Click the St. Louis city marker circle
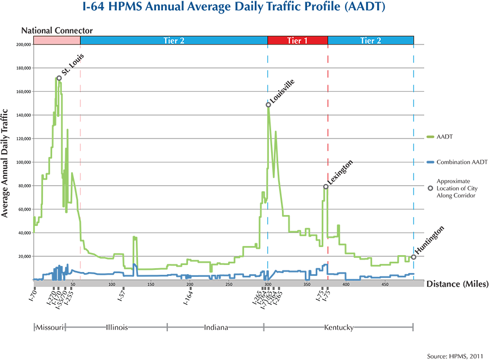(59, 78)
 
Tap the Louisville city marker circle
(268, 105)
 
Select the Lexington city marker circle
(326, 187)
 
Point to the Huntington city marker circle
(413, 257)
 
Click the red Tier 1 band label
(297, 40)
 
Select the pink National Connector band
(57, 40)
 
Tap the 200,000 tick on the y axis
(24, 45)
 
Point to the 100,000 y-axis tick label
(24, 162)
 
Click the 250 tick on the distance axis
(229, 284)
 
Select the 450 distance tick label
(385, 284)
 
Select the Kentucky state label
(339, 327)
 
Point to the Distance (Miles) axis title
(457, 284)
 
